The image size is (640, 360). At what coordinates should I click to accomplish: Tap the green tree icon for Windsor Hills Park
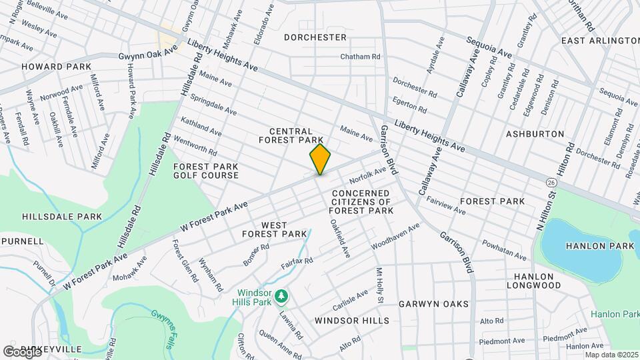coord(281,295)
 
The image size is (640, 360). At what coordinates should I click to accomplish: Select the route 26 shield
coord(551,182)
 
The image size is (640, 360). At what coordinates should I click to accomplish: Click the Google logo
coord(22,351)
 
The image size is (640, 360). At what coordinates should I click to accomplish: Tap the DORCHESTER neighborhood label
coord(315,37)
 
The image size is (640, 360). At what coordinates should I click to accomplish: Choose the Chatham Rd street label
coord(360,57)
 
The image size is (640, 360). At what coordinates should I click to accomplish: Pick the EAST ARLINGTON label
coord(600,41)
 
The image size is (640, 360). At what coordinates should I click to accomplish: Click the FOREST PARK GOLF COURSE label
coord(206,171)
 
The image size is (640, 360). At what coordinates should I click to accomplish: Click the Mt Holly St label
coord(379,285)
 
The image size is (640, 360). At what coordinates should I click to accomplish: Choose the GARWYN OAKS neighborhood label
coord(433,304)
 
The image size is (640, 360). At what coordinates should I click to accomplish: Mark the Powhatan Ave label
coord(505,249)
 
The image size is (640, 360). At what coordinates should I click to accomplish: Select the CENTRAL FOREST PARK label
coord(301,136)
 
